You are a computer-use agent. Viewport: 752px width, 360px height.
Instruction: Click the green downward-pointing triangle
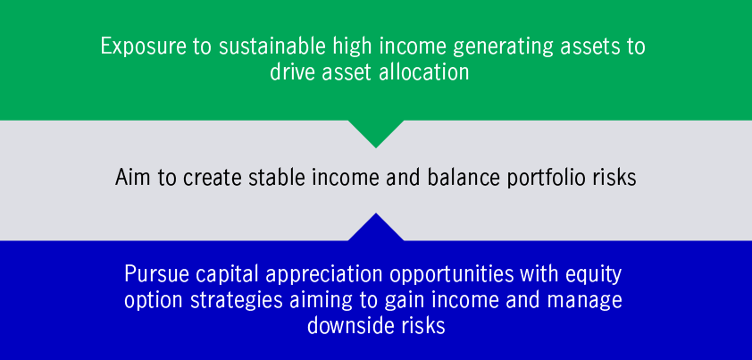pyautogui.click(x=376, y=131)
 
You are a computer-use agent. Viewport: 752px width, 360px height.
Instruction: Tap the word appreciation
pyautogui.click(x=325, y=275)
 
